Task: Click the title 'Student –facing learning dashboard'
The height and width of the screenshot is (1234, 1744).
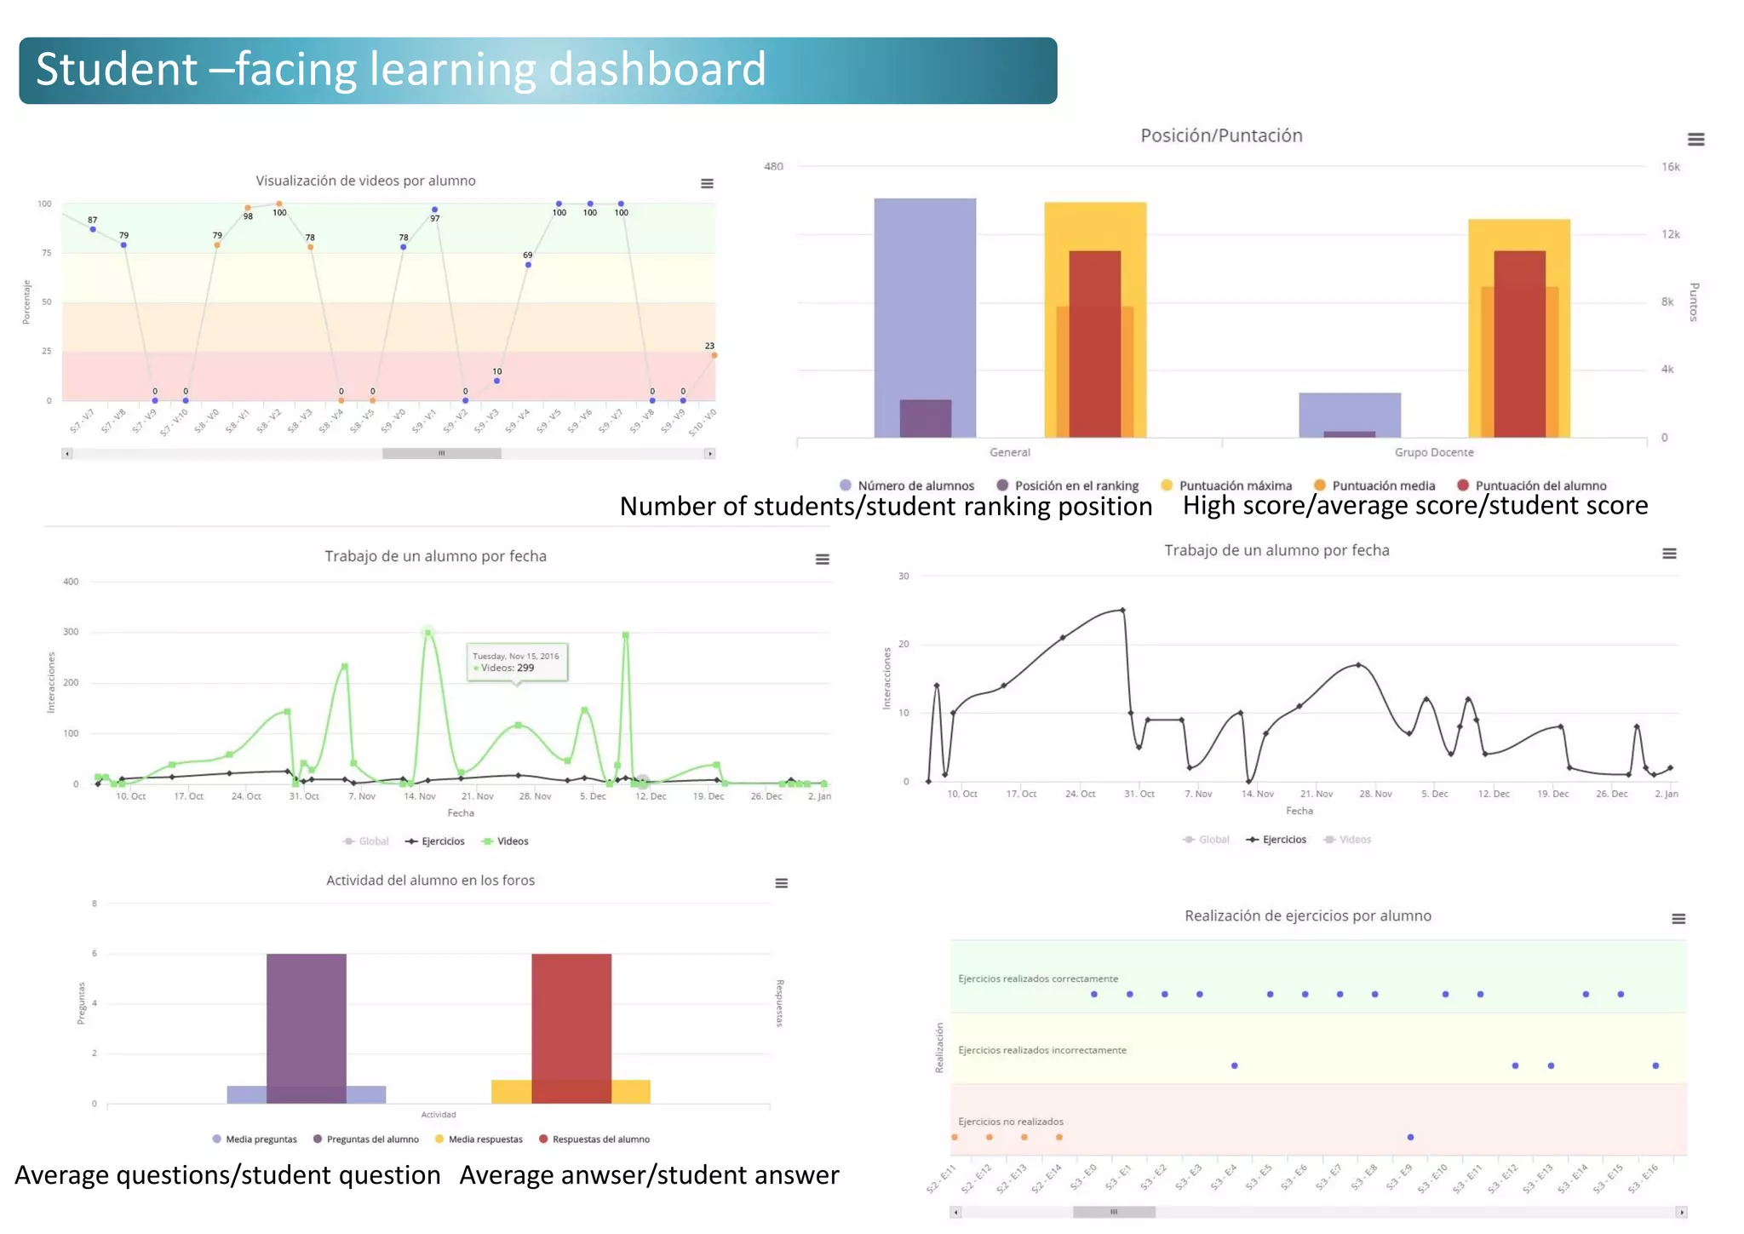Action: (400, 70)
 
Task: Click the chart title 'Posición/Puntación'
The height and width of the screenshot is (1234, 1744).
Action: (1221, 135)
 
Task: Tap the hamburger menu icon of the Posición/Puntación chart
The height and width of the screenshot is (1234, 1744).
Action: (1695, 140)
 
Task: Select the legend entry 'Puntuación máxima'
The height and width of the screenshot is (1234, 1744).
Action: (1234, 485)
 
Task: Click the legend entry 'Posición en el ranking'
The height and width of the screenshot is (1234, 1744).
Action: (1076, 485)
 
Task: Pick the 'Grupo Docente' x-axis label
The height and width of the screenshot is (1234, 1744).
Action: (1433, 452)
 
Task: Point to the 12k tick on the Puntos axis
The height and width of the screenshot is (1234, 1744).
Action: (1671, 234)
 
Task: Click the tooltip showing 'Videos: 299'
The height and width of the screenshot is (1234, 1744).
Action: (517, 663)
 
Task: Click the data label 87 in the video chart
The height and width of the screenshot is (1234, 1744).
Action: (93, 220)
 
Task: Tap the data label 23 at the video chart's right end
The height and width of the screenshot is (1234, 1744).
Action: (709, 346)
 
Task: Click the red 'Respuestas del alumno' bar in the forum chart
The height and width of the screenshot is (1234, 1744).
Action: (571, 1013)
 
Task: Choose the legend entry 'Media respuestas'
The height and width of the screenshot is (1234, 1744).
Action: (485, 1139)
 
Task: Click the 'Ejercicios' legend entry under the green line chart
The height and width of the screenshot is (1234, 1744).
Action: (442, 841)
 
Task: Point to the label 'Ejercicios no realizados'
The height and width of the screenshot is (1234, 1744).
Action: (1010, 1122)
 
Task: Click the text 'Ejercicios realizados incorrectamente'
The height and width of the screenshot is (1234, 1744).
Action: (1041, 1050)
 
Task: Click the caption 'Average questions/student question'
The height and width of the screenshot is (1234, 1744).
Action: (227, 1175)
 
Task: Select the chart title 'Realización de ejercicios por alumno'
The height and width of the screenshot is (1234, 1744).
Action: (1307, 916)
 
